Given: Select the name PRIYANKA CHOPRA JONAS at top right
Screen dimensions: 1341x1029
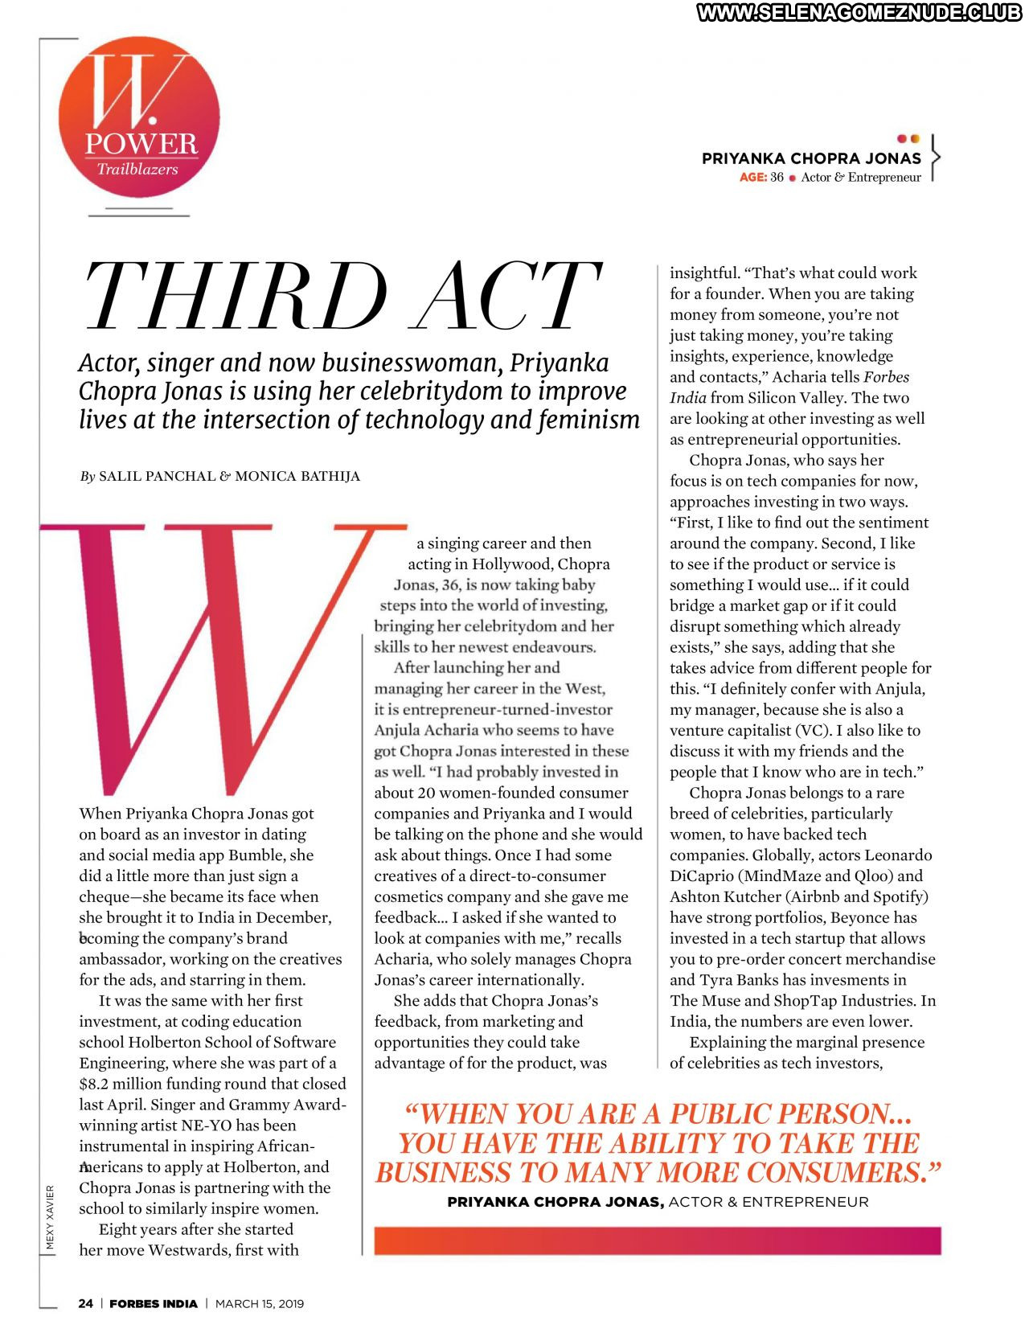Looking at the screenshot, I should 811,158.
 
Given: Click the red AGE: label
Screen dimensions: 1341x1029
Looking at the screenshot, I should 752,178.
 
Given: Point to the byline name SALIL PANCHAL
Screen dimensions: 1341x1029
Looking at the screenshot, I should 157,476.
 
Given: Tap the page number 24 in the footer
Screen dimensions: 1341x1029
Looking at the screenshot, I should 85,1304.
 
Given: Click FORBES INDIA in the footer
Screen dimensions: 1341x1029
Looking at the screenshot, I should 153,1304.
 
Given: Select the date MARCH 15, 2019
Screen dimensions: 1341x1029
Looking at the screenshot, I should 260,1304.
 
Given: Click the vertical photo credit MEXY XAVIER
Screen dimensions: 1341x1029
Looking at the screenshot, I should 50,1217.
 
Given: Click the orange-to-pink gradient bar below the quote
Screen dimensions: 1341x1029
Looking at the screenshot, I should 657,1241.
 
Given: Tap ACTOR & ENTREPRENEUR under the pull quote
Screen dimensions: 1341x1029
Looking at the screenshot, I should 769,1203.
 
